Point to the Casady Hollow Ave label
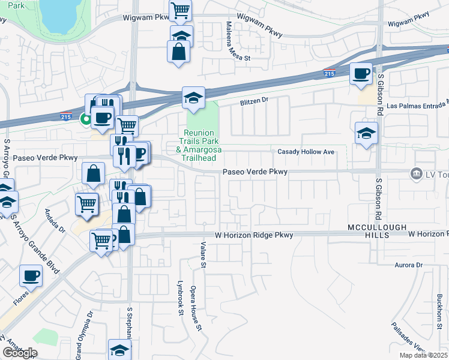coord(306,152)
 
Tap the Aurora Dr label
coord(408,265)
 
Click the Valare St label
coord(203,255)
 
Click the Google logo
coord(19,353)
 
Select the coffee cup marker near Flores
coord(31,276)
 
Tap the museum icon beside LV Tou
coord(415,173)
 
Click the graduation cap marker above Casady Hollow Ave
coord(366,134)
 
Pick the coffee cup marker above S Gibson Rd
coord(361,74)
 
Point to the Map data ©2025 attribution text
coord(423,355)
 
